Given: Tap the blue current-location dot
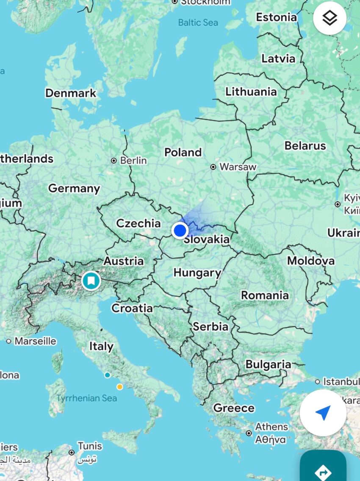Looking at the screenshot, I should [x=180, y=231].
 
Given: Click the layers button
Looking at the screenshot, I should [x=330, y=18].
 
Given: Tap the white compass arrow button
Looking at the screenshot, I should [x=323, y=413].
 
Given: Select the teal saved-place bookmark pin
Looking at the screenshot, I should [x=91, y=280].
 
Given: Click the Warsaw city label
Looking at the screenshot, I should [x=238, y=167].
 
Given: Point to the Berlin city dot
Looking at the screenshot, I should [x=114, y=161].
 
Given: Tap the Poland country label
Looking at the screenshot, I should [x=183, y=152].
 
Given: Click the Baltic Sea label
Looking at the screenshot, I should [x=198, y=22].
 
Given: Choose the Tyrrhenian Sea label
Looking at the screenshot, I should [x=86, y=398].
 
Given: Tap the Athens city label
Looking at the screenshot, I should [x=271, y=427].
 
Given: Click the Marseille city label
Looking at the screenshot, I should [x=36, y=341].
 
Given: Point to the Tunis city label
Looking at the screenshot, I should [x=89, y=446].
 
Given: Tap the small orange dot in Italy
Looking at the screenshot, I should [x=120, y=386].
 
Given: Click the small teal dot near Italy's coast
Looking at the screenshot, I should [x=108, y=375].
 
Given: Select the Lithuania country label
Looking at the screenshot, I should [x=251, y=92].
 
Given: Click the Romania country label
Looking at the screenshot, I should [x=265, y=295].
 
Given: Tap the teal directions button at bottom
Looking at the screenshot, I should [x=323, y=470].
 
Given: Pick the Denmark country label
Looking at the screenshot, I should [x=71, y=93].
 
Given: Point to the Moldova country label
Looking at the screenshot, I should [x=310, y=261].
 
